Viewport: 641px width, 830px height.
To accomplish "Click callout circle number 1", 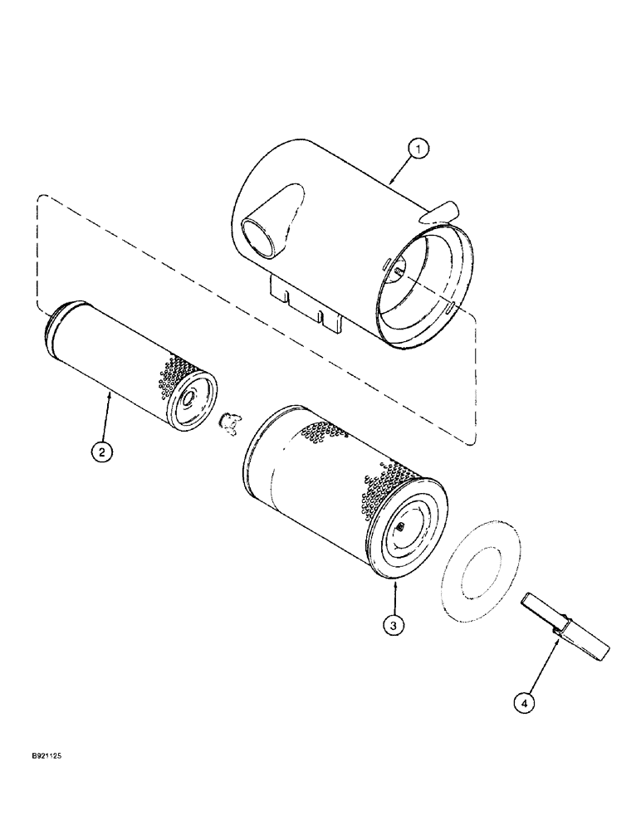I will (420, 150).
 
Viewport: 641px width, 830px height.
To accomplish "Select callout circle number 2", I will (101, 452).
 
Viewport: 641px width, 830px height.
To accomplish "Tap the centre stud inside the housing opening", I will (399, 271).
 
